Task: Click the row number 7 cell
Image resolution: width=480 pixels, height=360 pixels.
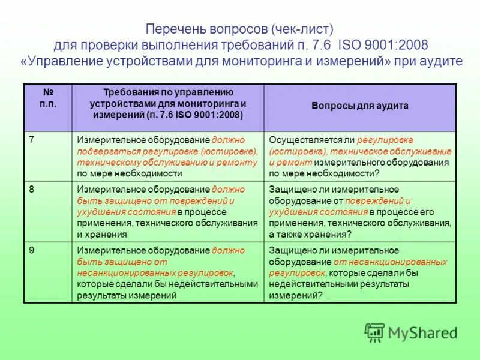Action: coord(47,155)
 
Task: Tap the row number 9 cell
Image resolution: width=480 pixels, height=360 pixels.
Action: coord(47,272)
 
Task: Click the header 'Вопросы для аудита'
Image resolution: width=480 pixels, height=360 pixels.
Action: coord(359,106)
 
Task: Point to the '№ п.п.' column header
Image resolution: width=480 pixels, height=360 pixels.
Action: coord(47,99)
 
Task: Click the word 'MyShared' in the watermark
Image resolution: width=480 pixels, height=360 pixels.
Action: coord(422,332)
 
